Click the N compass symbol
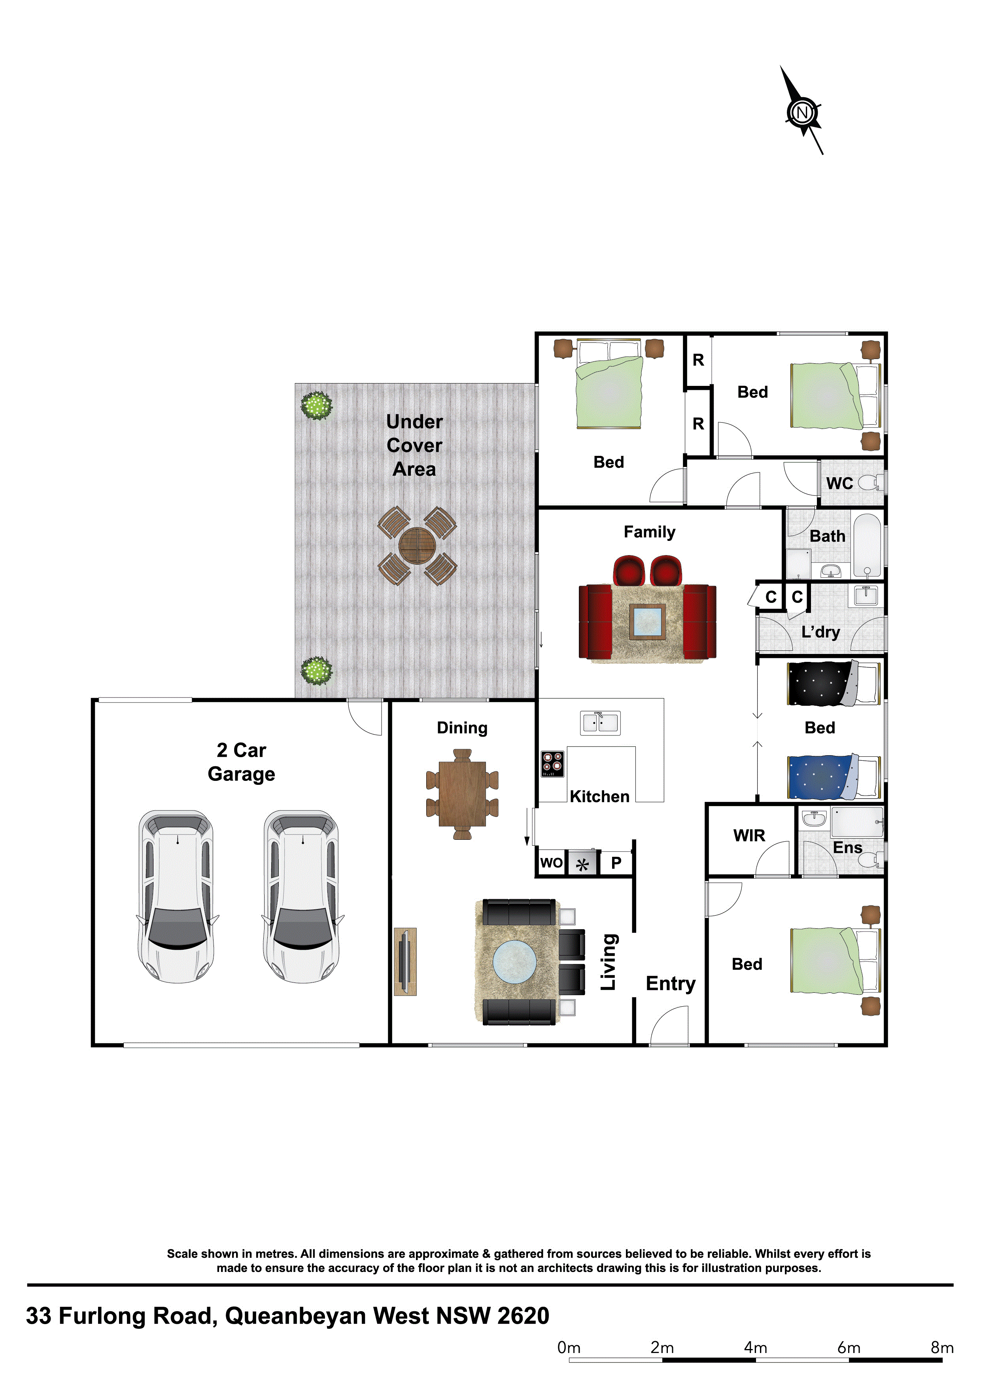[803, 112]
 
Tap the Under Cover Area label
[414, 445]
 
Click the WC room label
[840, 483]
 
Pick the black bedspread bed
[834, 683]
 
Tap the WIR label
[749, 835]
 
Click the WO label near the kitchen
[551, 863]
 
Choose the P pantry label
[616, 863]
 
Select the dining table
[462, 794]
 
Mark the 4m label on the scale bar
[756, 1348]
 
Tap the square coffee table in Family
[647, 621]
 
